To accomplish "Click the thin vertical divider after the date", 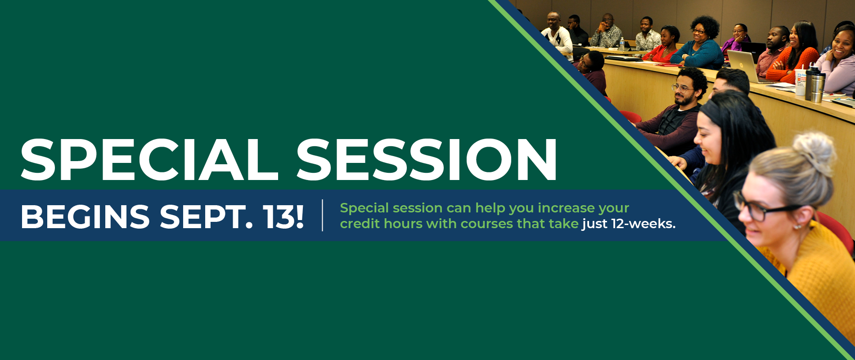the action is point(323,215).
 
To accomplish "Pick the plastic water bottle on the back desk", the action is point(622,44).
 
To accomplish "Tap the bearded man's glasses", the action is point(682,88).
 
